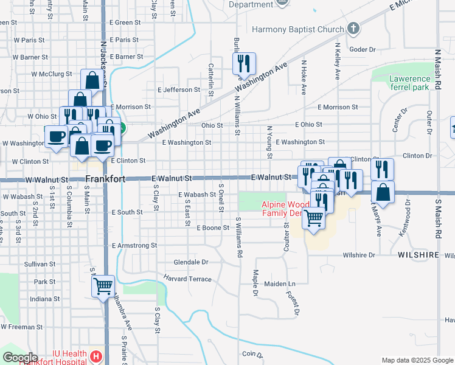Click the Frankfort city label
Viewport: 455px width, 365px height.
coord(105,179)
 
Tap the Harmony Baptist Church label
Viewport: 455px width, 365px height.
coord(297,29)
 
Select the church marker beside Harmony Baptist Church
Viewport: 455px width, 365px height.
coord(353,29)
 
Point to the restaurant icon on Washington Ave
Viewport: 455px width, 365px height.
coord(243,63)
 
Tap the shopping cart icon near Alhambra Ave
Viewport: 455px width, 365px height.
coord(103,286)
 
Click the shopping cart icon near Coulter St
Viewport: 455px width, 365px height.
coord(314,218)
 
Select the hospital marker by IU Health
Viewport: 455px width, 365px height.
coord(95,356)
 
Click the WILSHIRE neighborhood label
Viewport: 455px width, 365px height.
coord(419,255)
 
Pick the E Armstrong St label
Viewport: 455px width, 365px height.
coord(135,246)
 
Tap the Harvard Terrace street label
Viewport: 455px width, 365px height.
coord(187,279)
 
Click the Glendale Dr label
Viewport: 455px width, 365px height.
coord(191,262)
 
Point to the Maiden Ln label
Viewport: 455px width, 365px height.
coord(280,284)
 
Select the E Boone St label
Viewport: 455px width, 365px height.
coord(213,228)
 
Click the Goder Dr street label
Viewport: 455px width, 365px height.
coord(363,50)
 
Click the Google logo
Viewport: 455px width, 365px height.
coord(20,358)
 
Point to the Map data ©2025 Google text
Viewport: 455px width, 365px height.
coord(417,360)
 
